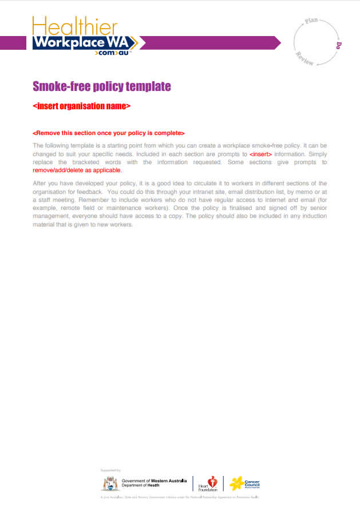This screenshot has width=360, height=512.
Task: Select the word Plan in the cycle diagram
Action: [x=311, y=21]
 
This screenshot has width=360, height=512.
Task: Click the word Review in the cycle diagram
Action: [x=304, y=59]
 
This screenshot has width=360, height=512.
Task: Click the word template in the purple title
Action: [x=147, y=87]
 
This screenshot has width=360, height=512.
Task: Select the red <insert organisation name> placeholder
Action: [x=82, y=106]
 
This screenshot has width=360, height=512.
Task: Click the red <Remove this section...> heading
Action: [x=109, y=133]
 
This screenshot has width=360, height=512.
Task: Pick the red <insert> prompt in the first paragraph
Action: [x=260, y=154]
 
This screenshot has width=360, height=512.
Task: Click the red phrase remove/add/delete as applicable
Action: [x=77, y=170]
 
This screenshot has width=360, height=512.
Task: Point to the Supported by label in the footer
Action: [x=110, y=470]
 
